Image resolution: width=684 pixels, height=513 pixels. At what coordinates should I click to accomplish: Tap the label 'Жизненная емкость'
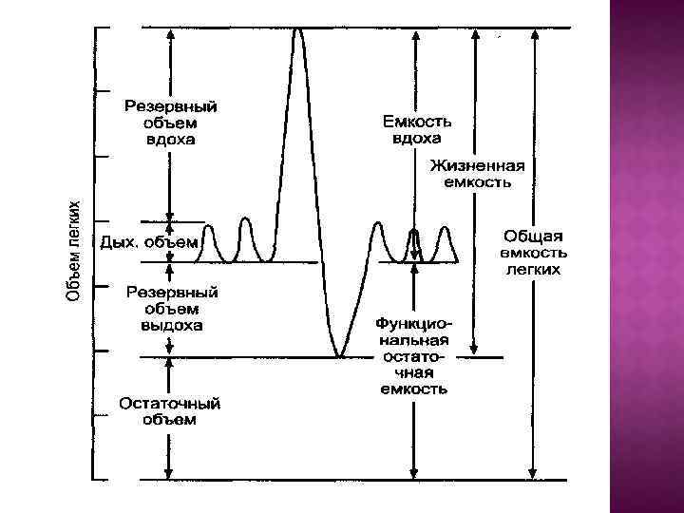coord(482,172)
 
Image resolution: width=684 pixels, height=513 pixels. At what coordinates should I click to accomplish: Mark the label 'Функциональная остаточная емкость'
coord(413,355)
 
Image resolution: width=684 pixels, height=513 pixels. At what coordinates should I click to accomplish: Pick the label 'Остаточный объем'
coord(169,410)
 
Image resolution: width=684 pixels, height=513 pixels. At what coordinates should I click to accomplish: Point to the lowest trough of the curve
coord(338,355)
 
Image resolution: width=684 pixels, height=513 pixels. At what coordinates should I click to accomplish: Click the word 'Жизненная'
coord(482,164)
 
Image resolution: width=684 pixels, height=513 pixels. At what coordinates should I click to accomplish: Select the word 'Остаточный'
coord(169,403)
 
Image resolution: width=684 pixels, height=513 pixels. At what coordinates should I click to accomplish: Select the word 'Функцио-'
coord(413,323)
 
